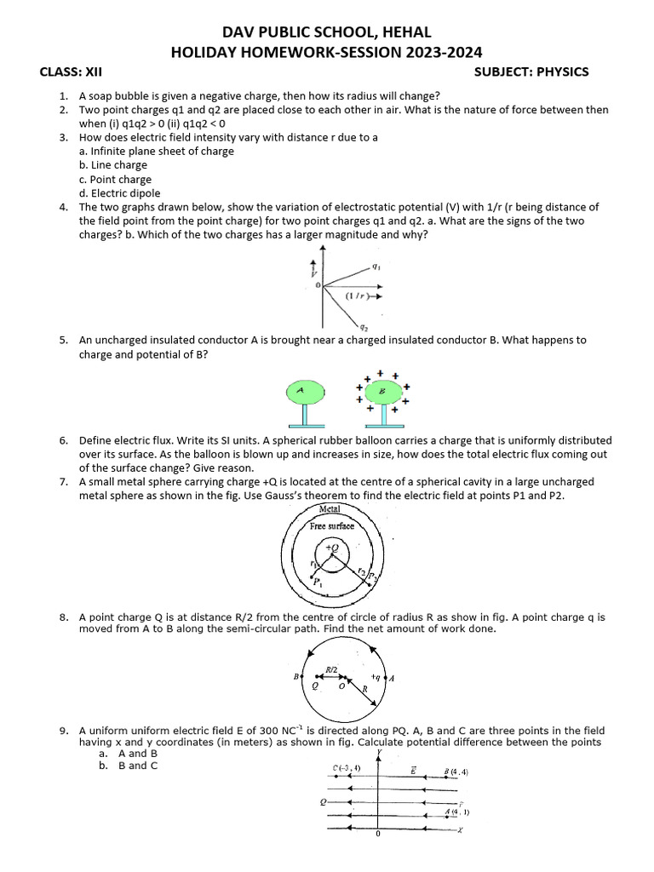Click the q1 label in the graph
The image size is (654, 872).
coord(376,266)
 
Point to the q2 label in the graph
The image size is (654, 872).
coord(364,326)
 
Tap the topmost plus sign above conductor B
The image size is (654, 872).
coord(381,372)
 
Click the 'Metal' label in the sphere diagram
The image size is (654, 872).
coord(329,508)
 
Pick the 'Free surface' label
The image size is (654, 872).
coord(331,526)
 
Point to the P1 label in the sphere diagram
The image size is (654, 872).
coord(318,583)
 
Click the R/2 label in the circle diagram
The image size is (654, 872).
coord(333,670)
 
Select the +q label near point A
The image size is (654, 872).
coord(376,677)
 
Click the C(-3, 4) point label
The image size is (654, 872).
coord(347,768)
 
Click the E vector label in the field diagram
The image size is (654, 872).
coord(412,768)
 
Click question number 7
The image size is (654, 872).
coord(64,482)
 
